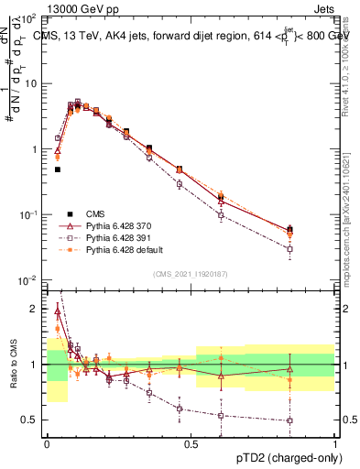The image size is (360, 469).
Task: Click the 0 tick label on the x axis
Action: click(47, 442)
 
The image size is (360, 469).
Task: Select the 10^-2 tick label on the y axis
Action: click(28, 280)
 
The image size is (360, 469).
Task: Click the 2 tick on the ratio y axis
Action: click(38, 309)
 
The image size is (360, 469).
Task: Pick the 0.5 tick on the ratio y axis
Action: click(34, 420)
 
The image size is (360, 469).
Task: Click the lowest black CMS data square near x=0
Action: click(57, 169)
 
